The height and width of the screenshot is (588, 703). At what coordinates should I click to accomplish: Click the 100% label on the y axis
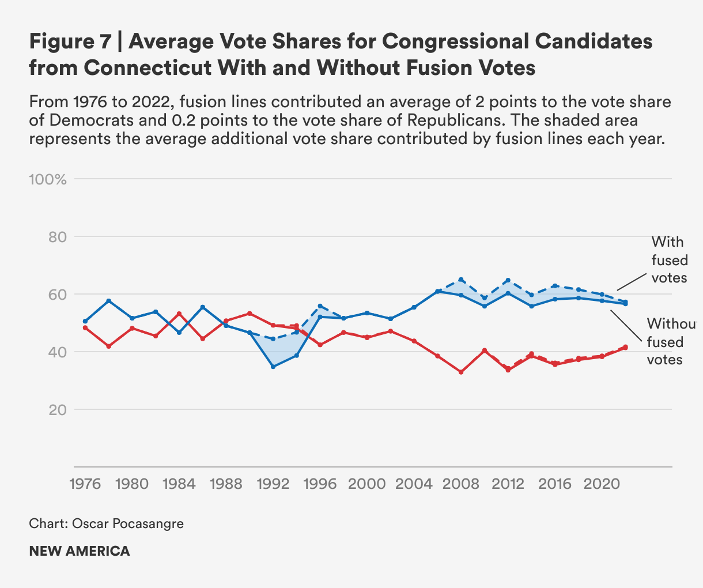click(48, 179)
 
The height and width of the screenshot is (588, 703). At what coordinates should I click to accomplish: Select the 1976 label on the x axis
click(85, 484)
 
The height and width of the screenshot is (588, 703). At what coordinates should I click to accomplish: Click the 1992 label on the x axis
click(273, 484)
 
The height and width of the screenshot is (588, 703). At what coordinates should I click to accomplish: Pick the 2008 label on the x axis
click(460, 484)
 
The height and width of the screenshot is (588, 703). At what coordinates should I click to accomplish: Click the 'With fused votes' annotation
click(670, 259)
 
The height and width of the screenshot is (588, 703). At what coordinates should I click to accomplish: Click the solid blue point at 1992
click(273, 367)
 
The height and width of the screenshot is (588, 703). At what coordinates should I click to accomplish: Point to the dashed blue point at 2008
click(461, 280)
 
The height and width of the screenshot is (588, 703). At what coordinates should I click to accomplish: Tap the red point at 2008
click(461, 372)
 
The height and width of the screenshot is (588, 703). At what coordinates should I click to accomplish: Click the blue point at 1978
click(108, 301)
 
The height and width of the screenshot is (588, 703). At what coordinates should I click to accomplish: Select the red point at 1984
click(179, 314)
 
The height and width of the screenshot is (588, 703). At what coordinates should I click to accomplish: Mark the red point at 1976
click(85, 327)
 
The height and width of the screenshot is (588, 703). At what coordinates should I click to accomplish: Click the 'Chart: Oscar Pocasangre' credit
click(106, 524)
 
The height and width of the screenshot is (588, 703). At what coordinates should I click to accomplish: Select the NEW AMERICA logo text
click(80, 551)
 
